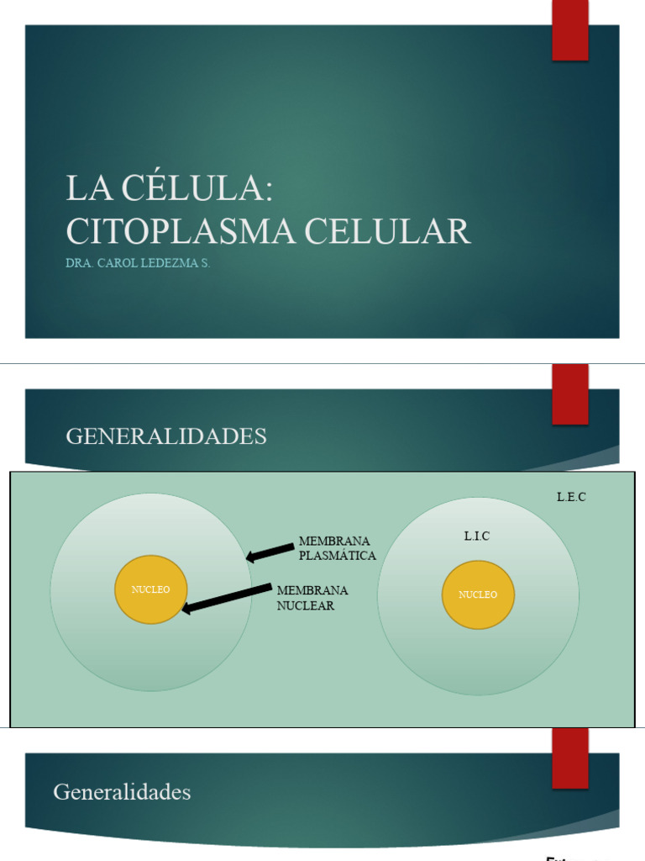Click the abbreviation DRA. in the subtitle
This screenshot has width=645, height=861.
(x=79, y=263)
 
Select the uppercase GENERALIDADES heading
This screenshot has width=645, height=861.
(x=166, y=436)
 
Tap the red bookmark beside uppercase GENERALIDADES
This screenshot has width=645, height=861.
(x=569, y=395)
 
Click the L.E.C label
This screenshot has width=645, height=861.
(x=571, y=497)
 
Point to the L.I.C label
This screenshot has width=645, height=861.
(x=476, y=536)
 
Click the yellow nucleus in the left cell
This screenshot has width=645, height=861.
(x=151, y=589)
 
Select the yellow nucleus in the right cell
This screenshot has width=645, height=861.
(x=478, y=594)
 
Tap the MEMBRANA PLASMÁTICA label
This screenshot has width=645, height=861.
(x=337, y=548)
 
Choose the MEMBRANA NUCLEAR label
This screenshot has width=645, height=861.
(x=312, y=598)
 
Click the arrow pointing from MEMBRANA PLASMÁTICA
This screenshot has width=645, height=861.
(x=270, y=552)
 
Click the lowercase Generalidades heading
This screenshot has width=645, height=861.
(x=122, y=792)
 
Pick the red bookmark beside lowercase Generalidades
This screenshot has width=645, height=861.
(x=569, y=758)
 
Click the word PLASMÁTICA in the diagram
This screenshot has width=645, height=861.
(x=338, y=556)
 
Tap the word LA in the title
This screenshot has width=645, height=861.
(x=89, y=188)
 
